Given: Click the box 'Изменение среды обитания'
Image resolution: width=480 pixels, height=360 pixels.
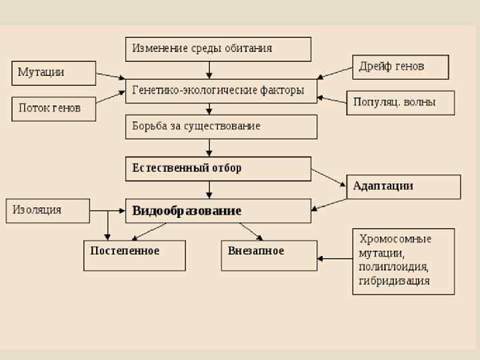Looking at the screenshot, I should pos(218,49).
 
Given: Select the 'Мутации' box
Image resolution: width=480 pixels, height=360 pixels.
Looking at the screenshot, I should pos(54,73).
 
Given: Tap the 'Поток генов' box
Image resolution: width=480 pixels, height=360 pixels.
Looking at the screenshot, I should pos(54,108).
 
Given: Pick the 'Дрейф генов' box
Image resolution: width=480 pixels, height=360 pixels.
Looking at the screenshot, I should pos(400,67).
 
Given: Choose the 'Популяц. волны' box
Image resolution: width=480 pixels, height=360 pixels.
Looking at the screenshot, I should pos(400,103).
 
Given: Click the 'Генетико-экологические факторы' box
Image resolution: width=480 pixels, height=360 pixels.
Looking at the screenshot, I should pos(221,91).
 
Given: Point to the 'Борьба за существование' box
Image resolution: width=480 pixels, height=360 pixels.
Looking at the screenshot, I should pos(221,126).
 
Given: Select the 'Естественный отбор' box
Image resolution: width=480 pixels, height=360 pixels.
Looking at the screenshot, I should pos(218,169).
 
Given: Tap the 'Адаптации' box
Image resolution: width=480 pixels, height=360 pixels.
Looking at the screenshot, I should pos(403,187).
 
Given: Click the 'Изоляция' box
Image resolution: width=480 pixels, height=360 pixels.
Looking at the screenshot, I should pos(47,210).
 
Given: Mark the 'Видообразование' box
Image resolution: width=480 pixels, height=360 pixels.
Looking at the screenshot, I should pos(218,211).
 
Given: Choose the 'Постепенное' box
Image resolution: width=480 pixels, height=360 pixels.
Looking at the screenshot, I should pos(134,255).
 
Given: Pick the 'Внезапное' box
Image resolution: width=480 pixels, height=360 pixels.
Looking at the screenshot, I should pos(269,255).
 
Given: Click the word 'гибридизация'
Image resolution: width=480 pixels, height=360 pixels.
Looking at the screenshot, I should pos(395,281).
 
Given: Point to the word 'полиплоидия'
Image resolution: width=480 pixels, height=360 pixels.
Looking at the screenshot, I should pos(393,267).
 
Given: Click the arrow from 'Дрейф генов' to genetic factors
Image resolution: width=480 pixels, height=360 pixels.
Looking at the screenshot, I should pos(334,73).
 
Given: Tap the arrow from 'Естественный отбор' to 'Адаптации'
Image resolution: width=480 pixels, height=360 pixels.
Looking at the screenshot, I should pos(329,177).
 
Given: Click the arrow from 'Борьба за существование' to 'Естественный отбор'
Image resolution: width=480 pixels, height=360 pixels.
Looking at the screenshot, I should pos(209,147).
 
